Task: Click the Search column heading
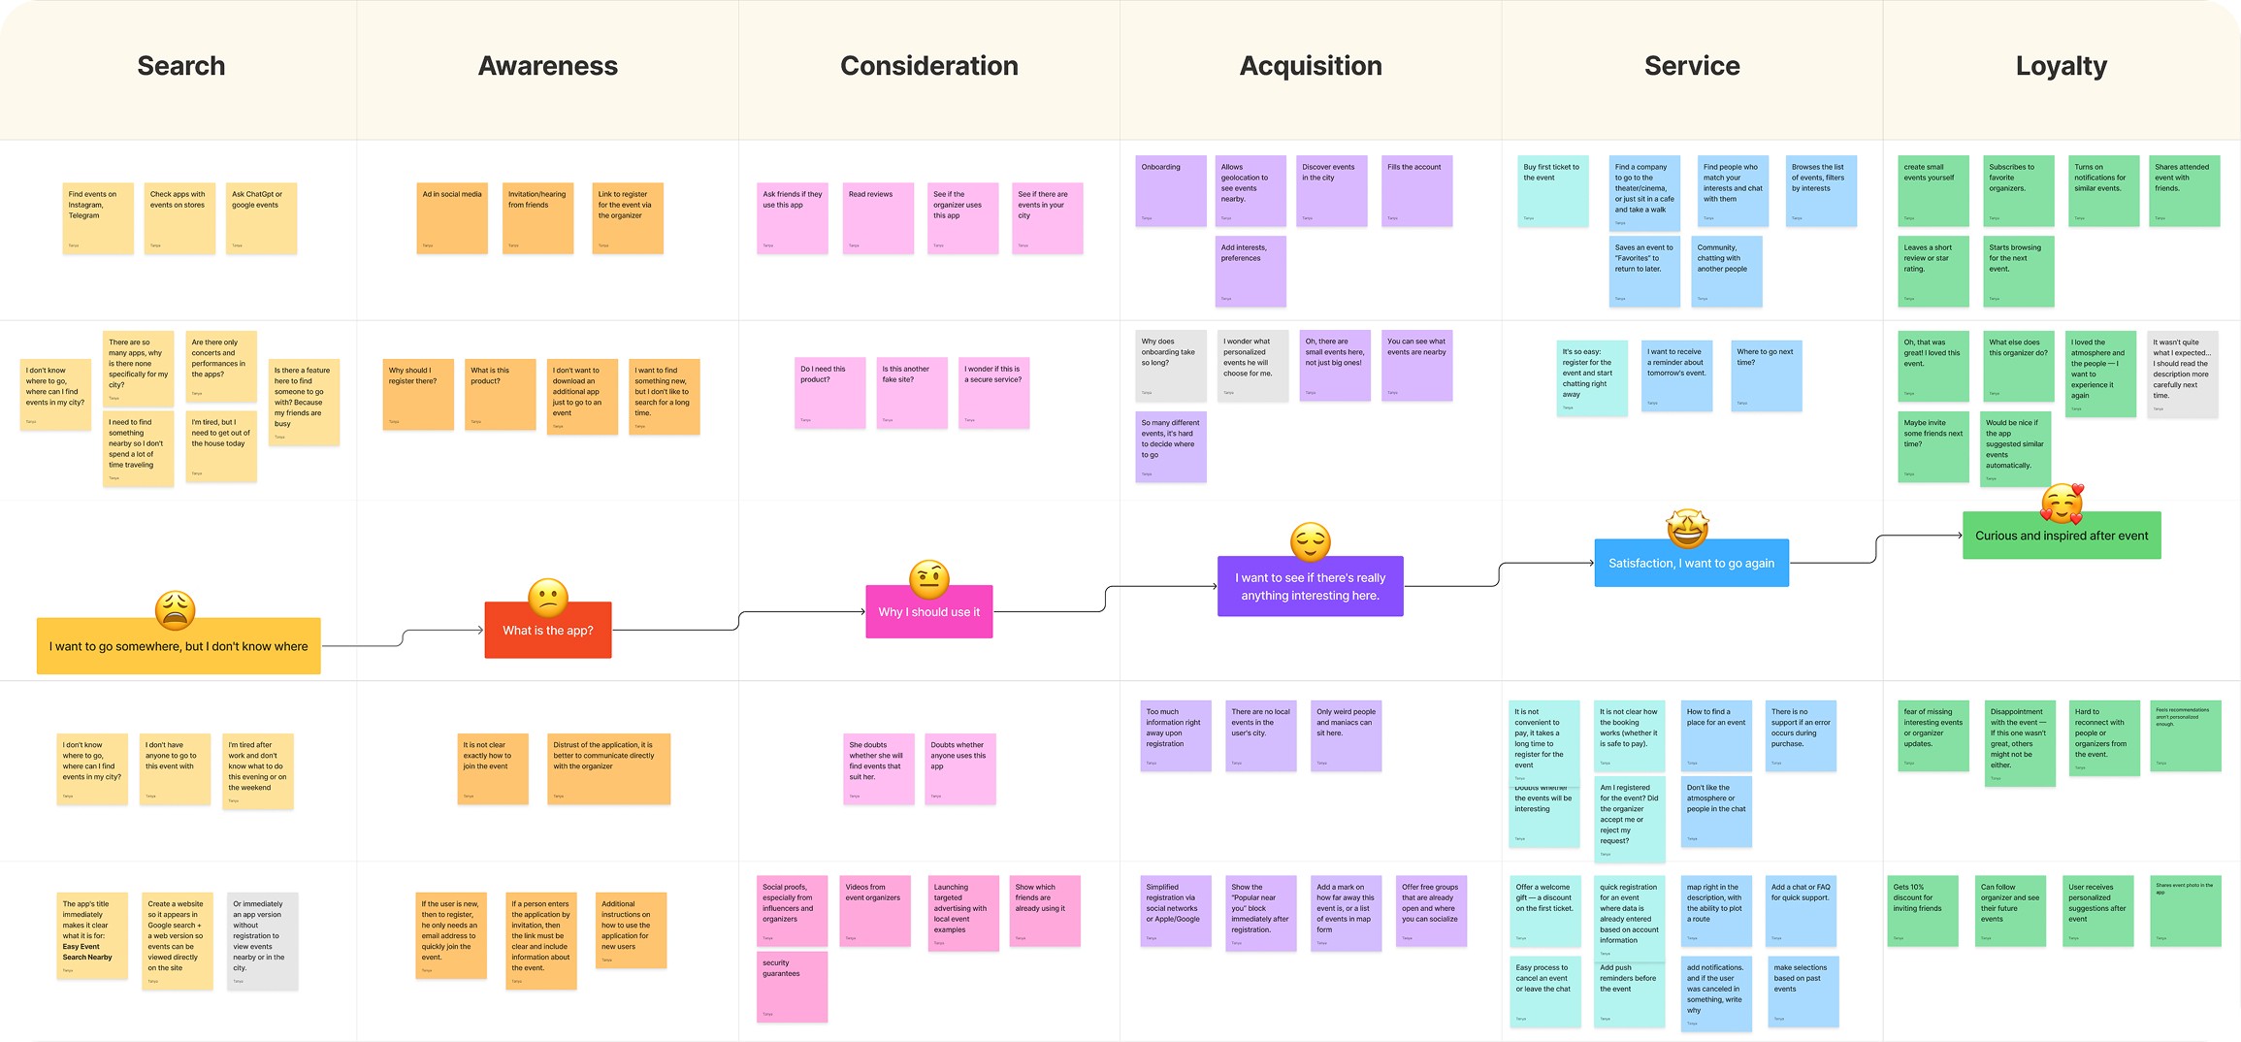tap(181, 66)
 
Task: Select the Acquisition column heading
tap(1311, 66)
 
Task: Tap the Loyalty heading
tap(2062, 66)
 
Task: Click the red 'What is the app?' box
tap(548, 631)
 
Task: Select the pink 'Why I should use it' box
tap(929, 612)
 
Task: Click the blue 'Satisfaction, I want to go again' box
tap(1691, 564)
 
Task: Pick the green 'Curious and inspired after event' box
tap(2062, 536)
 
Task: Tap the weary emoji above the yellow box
tap(176, 610)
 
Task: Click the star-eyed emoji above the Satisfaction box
tap(1687, 527)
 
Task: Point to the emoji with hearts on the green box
tap(2062, 503)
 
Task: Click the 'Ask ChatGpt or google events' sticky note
tap(261, 218)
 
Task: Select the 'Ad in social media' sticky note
tap(452, 218)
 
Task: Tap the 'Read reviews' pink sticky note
tap(878, 218)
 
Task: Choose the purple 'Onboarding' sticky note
tap(1171, 191)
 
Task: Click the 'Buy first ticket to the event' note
tap(1552, 191)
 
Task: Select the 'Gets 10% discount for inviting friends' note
tap(1923, 911)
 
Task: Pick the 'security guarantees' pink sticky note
tap(792, 987)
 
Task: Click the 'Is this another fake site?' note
tap(912, 393)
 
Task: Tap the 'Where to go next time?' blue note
tap(1767, 375)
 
